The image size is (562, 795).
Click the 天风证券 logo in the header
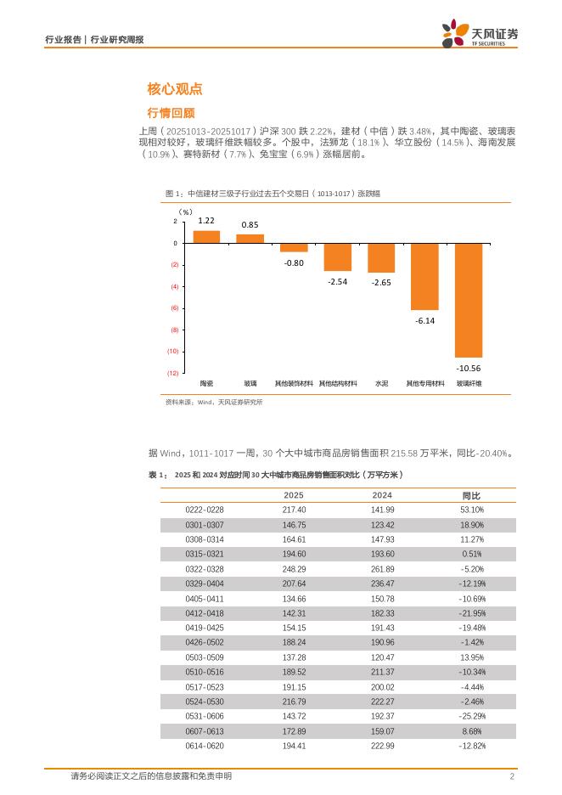480,35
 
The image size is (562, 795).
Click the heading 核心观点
174,89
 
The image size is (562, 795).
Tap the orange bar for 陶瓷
206,237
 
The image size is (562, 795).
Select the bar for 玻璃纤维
469,300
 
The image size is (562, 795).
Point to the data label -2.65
381,282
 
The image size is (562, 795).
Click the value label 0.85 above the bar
250,225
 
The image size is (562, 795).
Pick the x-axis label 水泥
381,383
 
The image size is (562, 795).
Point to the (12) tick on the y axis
172,373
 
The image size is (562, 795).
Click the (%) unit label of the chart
185,211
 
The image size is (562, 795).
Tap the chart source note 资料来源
214,403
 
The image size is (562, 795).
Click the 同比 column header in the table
471,495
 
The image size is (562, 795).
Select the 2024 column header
382,495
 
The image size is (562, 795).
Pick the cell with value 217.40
294,510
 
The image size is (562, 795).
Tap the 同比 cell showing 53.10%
471,510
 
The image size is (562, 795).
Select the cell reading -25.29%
471,716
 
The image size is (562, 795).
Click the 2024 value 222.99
383,746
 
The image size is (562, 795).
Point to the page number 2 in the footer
512,776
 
